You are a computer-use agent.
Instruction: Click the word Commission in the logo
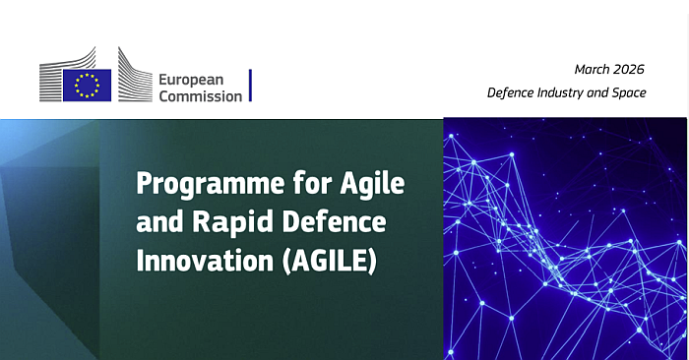click(200, 95)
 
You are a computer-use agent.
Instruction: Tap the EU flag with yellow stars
click(88, 86)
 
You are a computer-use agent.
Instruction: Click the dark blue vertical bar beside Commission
click(250, 86)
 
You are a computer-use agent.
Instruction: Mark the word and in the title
click(157, 223)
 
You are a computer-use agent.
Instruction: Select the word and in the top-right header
click(601, 92)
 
